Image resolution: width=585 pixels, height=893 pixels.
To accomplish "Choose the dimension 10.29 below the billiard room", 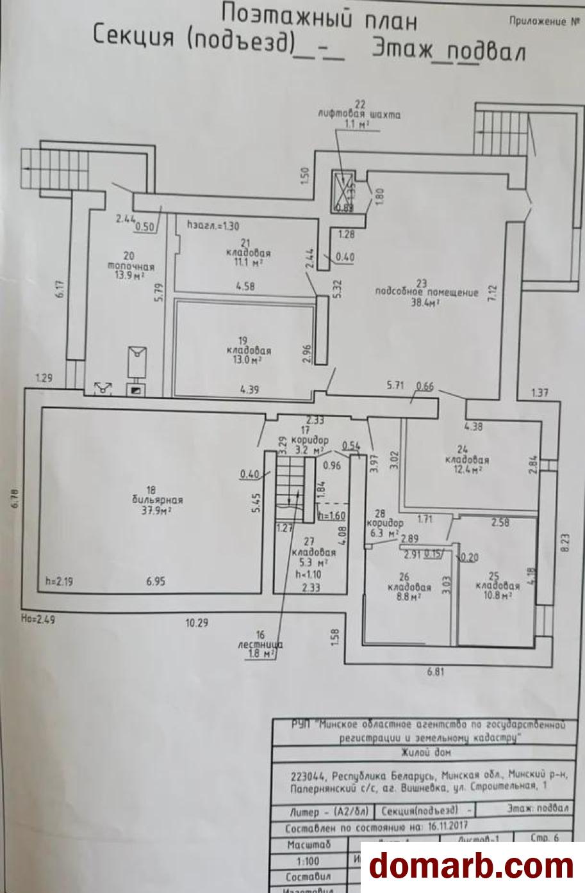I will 197,622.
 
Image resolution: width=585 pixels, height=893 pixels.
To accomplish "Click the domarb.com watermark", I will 472,866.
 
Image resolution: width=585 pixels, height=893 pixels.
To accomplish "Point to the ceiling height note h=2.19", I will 57,582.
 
